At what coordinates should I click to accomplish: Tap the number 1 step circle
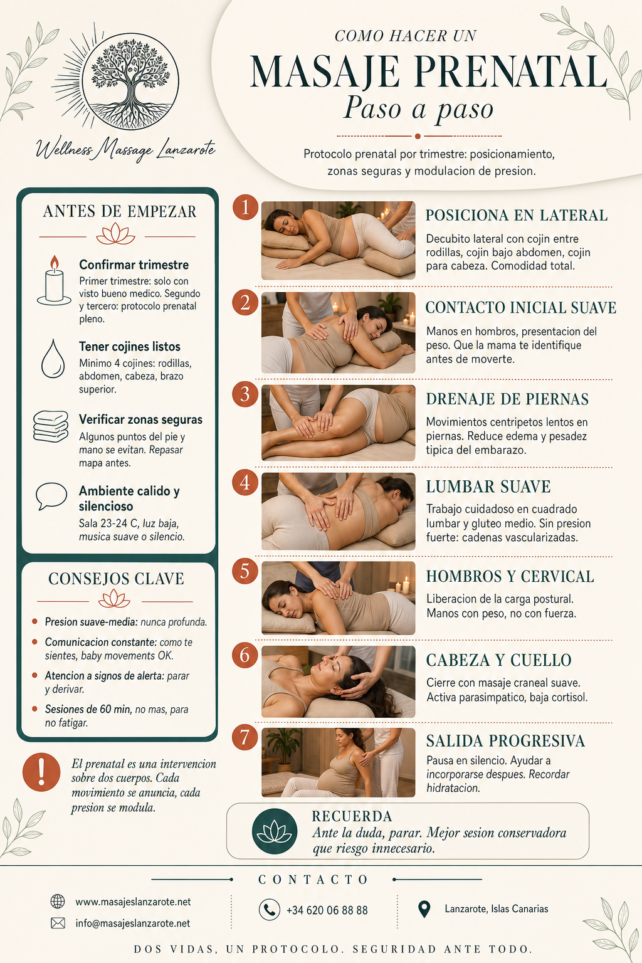tap(245, 208)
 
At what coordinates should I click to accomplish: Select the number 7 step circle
tap(245, 738)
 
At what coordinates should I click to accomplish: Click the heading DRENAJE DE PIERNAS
tap(507, 399)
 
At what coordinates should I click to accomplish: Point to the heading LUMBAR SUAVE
tap(488, 487)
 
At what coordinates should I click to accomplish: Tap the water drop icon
tap(53, 359)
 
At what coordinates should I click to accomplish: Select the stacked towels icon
tap(51, 426)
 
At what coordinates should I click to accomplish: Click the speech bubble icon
tap(51, 496)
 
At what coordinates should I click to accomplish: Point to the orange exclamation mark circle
tap(41, 772)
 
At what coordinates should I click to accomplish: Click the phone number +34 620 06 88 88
tap(327, 910)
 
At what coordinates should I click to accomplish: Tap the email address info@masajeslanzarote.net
tap(133, 923)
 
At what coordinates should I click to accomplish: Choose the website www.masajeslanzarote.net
tap(133, 902)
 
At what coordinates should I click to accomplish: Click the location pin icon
tap(424, 909)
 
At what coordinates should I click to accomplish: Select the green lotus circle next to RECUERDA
tap(275, 831)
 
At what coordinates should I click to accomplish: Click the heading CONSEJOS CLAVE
tap(116, 579)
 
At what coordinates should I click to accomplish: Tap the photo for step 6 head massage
tap(339, 682)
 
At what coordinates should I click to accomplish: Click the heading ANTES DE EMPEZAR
tap(120, 211)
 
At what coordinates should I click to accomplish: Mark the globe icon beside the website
tap(58, 901)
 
